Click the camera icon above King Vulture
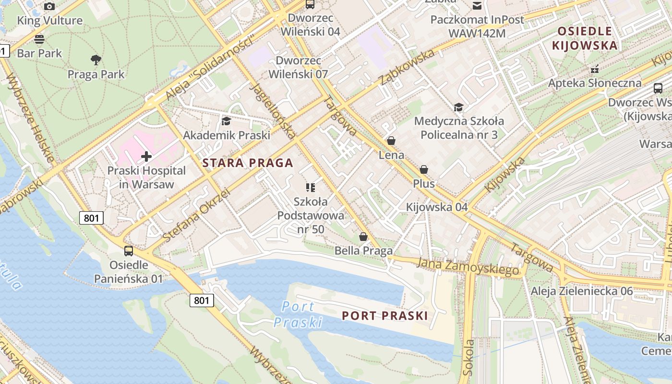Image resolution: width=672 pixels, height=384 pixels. point(49,6)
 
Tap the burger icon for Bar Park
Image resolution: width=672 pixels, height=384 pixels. point(39,39)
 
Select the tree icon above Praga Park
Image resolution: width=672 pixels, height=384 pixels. point(96,60)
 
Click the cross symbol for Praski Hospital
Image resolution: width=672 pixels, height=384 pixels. point(146,156)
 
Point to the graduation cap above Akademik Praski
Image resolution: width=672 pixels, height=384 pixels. point(226,121)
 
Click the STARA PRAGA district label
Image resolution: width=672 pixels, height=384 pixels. point(248,163)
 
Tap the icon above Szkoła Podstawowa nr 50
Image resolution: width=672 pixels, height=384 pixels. point(311,187)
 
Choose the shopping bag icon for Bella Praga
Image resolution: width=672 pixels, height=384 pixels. point(363,237)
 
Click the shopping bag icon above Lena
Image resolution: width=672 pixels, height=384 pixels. point(391,141)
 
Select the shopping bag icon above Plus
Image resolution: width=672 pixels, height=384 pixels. point(424,169)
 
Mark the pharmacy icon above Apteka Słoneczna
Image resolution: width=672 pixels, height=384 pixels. point(595,69)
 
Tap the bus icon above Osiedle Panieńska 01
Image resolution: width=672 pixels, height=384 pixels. point(129,251)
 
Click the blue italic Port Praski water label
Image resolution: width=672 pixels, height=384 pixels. point(298,314)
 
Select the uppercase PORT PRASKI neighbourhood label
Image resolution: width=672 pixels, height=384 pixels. point(384,316)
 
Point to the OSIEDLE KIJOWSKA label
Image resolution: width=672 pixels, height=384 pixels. point(585,38)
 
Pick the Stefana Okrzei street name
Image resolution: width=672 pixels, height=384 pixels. point(196,215)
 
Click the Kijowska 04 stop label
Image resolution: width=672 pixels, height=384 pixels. point(436,207)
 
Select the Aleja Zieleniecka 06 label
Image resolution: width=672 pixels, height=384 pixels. point(581,291)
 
